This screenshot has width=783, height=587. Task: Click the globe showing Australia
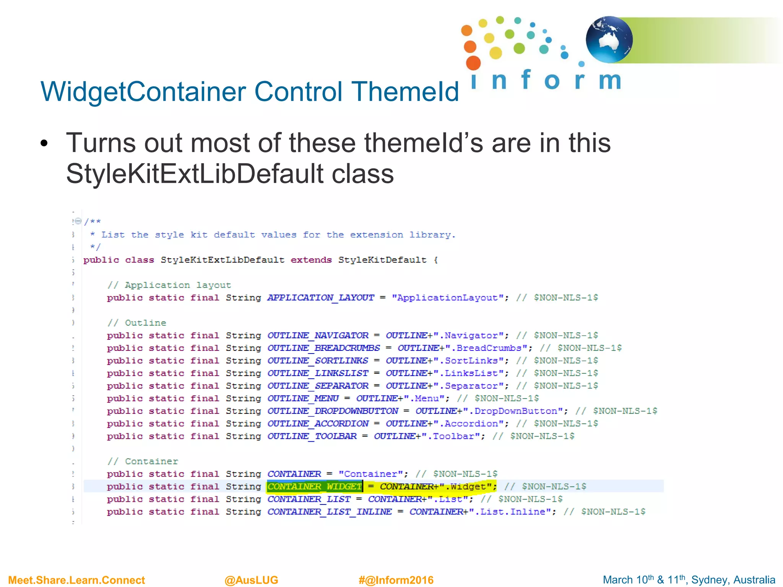[609, 39]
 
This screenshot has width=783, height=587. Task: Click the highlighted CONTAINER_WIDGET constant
[314, 486]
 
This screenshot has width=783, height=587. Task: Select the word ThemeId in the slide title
[405, 92]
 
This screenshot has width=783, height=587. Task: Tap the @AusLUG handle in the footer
[251, 580]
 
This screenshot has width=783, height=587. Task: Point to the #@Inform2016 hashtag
[396, 580]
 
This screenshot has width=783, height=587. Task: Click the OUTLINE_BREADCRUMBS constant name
[323, 348]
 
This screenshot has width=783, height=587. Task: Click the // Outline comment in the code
[137, 323]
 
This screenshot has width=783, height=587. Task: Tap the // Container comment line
[143, 462]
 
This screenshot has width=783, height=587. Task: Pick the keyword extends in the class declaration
[311, 260]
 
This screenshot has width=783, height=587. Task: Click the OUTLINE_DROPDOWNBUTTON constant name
[333, 411]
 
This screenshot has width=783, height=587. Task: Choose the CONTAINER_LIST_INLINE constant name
[330, 512]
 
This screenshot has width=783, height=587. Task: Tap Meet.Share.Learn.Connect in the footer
[76, 580]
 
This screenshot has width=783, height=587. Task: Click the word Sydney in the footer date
[707, 580]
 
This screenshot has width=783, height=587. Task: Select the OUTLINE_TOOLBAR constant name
[312, 436]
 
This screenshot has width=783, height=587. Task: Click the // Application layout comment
[169, 285]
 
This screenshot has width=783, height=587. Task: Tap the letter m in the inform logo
[610, 80]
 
